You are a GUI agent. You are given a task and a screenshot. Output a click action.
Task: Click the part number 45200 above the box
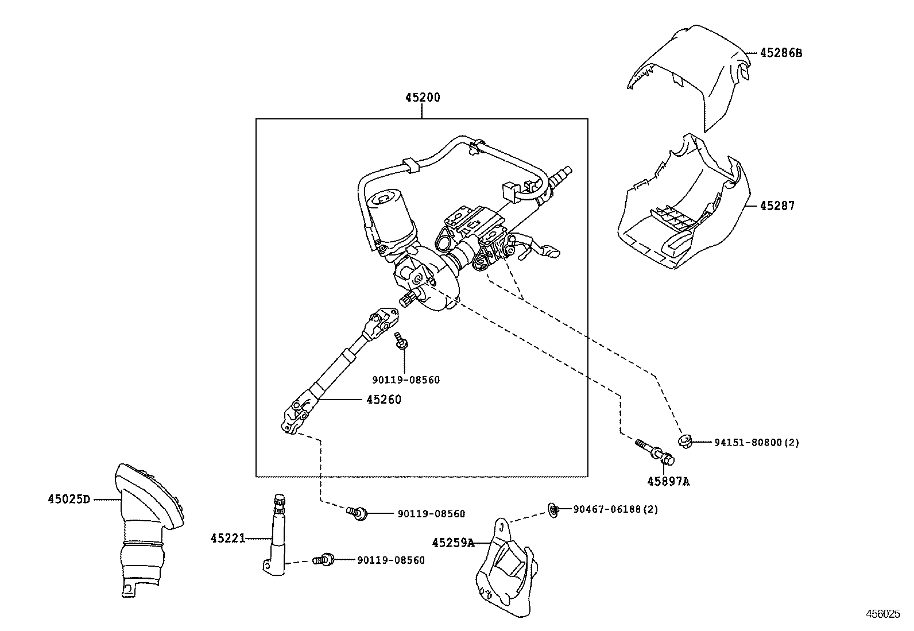422,98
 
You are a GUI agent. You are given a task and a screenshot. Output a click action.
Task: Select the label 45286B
781,53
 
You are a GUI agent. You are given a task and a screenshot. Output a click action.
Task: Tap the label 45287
777,206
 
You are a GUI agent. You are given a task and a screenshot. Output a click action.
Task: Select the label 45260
384,400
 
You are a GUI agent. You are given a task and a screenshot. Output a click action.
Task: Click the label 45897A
668,482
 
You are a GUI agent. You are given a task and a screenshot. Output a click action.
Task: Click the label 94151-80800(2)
757,442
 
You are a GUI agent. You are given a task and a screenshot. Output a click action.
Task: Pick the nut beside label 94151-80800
684,441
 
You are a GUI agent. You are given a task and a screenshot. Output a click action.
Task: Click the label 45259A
453,542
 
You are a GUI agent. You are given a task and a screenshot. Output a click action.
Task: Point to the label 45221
227,538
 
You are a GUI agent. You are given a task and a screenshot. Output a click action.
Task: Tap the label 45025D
69,499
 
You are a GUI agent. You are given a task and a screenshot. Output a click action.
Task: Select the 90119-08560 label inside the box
405,380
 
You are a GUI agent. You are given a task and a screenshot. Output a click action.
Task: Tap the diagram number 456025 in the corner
883,614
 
